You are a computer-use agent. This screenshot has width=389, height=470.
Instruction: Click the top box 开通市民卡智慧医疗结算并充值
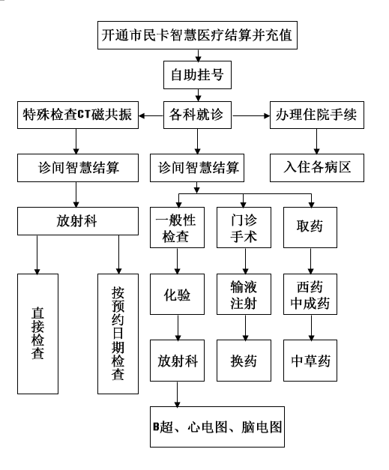pos(197,35)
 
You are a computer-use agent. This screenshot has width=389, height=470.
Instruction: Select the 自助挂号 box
pos(197,75)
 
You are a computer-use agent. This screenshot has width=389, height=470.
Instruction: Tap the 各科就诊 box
pos(197,115)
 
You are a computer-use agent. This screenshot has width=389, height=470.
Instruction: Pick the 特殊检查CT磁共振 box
pos(78,115)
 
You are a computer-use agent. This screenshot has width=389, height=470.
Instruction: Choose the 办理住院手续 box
pos(317,115)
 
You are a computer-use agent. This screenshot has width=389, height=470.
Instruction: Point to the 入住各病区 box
pos(317,168)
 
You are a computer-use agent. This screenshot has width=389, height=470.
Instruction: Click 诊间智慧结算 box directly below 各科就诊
pos(197,168)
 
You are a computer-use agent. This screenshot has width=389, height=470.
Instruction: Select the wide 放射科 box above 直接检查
pos(78,221)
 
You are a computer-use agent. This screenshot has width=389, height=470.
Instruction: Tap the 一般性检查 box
pos(177,228)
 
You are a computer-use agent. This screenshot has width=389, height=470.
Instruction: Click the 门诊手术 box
pos(244,228)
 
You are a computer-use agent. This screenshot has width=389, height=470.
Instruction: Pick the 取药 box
pos(310,228)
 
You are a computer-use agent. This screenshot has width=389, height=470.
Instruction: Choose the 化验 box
pos(177,294)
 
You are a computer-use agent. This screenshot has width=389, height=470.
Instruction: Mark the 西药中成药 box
pos(310,294)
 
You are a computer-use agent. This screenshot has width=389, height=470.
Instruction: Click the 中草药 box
pos(310,361)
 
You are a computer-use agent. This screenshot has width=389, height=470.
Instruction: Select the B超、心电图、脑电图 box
pos(217,427)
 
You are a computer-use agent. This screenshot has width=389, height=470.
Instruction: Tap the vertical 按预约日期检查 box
pos(118,334)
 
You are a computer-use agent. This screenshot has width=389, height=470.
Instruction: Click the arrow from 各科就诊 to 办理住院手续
pos(251,115)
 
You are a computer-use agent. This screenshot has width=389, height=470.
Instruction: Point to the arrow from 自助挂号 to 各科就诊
pos(198,95)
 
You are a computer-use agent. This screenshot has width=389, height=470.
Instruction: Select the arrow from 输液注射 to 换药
pos(245,328)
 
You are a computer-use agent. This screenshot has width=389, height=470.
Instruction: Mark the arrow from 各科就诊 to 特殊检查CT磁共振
pos(151,115)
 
